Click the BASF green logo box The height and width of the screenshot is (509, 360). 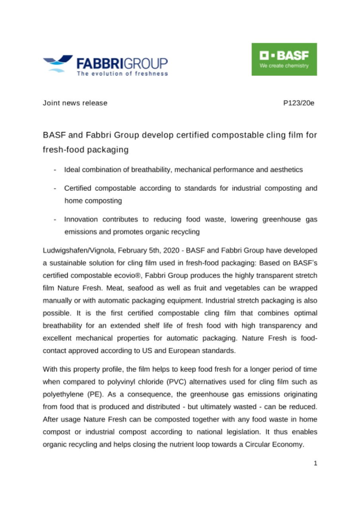pos(284,59)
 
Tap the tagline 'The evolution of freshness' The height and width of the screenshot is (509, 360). pos(122,74)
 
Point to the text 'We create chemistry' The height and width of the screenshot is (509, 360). pos(284,66)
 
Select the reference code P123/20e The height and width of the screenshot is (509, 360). pos(298,103)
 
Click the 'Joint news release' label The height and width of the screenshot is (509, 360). pos(75,103)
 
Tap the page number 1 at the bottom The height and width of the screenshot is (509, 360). pos(315,463)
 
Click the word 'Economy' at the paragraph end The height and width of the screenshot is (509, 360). pos(287,445)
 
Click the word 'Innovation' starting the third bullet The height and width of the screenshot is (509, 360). pos(80,220)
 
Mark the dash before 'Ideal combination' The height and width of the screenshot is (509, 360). pos(54,170)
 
